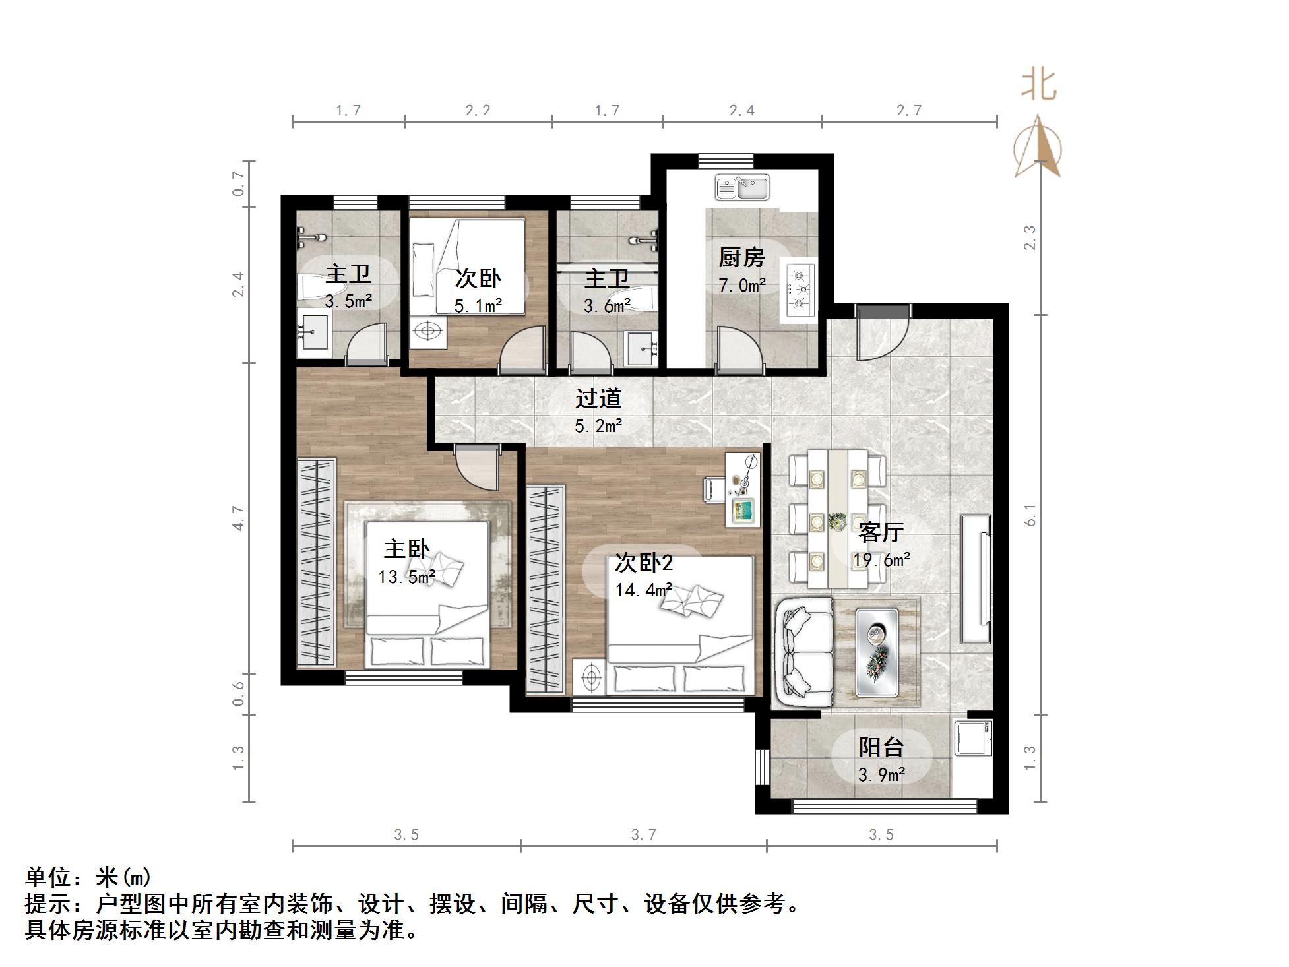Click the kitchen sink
[742, 187]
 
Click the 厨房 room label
[741, 257]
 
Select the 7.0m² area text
[742, 286]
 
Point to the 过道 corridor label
[598, 398]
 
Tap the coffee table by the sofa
[877, 652]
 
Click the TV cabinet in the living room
[976, 579]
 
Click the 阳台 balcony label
[881, 747]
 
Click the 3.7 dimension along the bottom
[643, 835]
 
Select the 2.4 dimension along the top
[742, 111]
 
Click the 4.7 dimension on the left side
[238, 518]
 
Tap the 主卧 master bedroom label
[406, 549]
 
